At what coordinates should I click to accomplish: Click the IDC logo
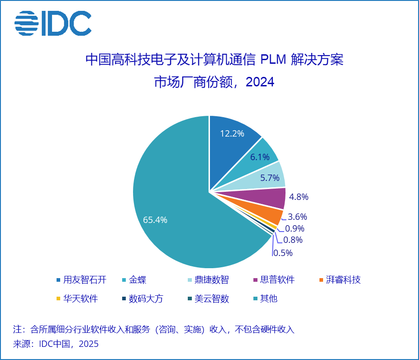(x=53, y=24)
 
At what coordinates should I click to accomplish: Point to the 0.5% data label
(x=283, y=253)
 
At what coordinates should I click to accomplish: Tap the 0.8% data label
(x=293, y=240)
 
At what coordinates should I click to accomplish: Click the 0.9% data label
(x=295, y=228)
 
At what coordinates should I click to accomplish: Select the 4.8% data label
(x=299, y=197)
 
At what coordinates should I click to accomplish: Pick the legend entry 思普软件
(x=277, y=279)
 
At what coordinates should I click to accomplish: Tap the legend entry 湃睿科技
(x=343, y=279)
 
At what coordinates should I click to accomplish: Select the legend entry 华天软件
(x=80, y=298)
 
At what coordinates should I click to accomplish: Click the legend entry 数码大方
(x=146, y=298)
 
